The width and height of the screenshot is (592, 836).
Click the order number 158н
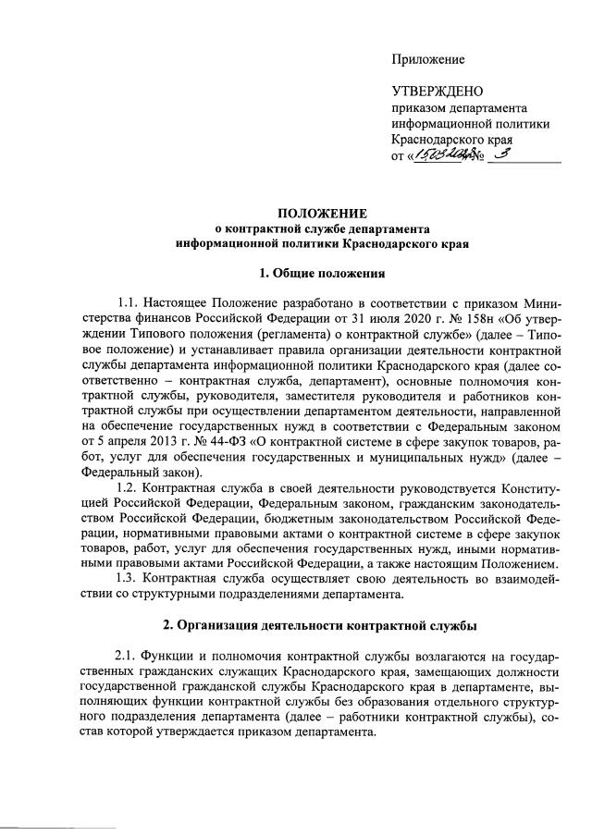pyautogui.click(x=425, y=318)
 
